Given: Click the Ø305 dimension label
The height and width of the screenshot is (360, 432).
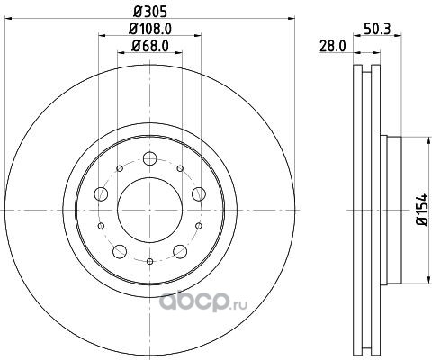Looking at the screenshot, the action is (x=149, y=12).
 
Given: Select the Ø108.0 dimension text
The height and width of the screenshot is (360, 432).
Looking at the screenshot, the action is (x=150, y=29).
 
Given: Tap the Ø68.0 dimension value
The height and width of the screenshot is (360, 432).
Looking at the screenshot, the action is (x=150, y=46).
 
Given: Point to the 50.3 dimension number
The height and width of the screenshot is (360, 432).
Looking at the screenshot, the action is (x=377, y=29).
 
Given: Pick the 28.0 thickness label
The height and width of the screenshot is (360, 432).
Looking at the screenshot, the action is (x=333, y=47).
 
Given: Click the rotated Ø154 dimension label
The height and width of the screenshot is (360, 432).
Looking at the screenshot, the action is (x=421, y=210).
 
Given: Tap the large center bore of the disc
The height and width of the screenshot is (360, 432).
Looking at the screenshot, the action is (x=149, y=210).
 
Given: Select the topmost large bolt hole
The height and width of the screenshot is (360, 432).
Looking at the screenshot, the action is (x=149, y=158).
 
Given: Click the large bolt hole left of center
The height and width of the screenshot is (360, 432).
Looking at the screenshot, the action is (x=101, y=193).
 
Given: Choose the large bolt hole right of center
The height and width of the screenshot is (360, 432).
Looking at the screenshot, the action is (x=199, y=193).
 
